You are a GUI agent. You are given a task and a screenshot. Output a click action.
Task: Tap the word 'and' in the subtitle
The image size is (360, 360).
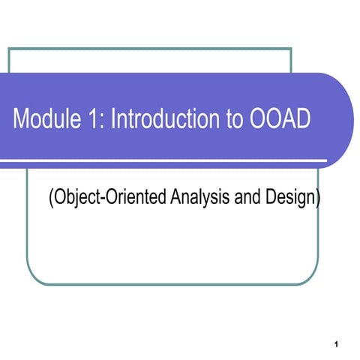(241, 199)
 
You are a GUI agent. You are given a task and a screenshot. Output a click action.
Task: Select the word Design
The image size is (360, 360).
(287, 199)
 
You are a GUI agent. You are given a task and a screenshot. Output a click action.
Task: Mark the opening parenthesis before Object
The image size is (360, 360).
(50, 199)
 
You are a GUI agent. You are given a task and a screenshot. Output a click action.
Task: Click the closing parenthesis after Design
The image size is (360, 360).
(318, 199)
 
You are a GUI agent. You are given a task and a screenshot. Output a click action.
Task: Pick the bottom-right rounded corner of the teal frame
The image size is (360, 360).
(305, 278)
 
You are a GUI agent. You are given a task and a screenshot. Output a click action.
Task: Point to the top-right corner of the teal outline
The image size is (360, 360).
(291, 49)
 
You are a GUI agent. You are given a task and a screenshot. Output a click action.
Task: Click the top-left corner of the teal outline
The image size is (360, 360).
(9, 49)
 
